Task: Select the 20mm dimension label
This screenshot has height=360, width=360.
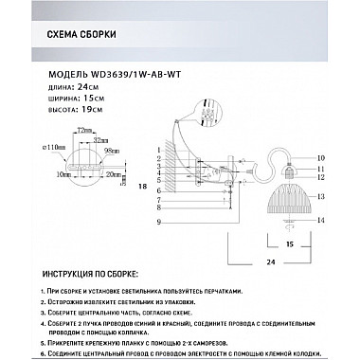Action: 115,173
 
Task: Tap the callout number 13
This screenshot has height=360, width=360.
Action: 321,196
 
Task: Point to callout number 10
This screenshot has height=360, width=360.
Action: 321,156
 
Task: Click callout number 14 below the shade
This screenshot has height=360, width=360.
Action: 321,220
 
